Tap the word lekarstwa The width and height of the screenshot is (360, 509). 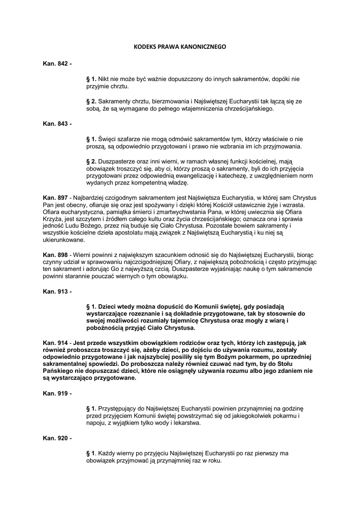click(x=185, y=423)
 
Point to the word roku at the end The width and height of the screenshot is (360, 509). click(x=213, y=461)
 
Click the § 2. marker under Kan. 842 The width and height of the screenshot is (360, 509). click(x=91, y=101)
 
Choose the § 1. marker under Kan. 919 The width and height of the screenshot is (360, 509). click(x=91, y=408)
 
